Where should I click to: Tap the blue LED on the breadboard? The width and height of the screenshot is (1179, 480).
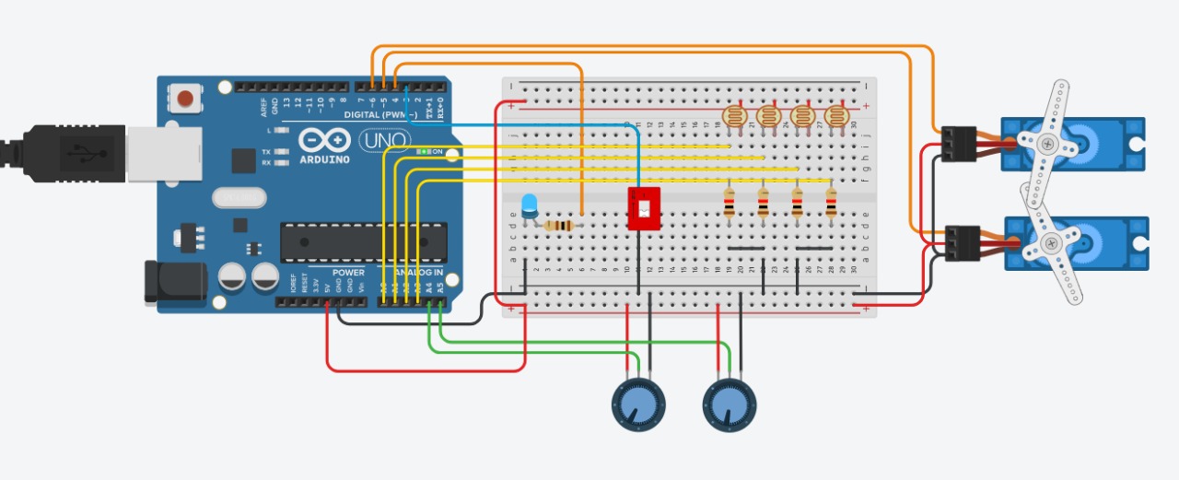pyautogui.click(x=530, y=206)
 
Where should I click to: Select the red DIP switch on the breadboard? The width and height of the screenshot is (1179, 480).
pyautogui.click(x=643, y=208)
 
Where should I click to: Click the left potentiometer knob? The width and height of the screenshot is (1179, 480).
pyautogui.click(x=638, y=404)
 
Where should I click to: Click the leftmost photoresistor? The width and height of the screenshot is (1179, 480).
pyautogui.click(x=733, y=117)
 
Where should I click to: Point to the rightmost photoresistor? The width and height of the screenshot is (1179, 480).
pyautogui.click(x=835, y=117)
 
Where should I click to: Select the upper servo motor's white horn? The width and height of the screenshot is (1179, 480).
pyautogui.click(x=1050, y=137)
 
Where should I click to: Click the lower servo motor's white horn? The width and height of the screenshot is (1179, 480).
pyautogui.click(x=1050, y=244)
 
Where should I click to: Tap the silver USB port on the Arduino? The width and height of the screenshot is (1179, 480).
pyautogui.click(x=164, y=152)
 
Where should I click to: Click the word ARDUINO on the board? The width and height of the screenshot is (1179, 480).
pyautogui.click(x=323, y=159)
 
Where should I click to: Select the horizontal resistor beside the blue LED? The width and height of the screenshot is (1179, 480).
pyautogui.click(x=558, y=226)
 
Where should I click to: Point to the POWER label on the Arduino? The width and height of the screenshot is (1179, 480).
pyautogui.click(x=348, y=273)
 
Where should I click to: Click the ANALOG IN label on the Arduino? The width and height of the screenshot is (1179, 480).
pyautogui.click(x=418, y=273)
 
